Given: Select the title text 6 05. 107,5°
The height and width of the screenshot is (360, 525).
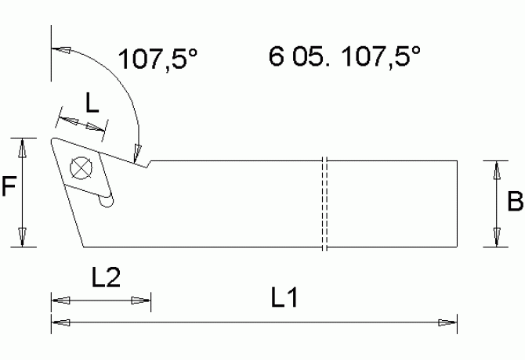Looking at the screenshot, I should tap(344, 57).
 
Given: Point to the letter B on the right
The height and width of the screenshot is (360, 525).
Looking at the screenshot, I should tap(515, 203).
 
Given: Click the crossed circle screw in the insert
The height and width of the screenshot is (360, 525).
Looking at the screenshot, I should tap(78, 167).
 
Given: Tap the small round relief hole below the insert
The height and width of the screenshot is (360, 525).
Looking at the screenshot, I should tap(107, 202).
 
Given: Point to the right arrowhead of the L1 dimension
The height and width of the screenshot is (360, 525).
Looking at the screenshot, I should tap(447, 322).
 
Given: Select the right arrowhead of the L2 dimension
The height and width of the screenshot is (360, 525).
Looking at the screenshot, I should tap(141, 300).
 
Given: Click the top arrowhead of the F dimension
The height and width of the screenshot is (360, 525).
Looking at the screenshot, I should tap(24, 146).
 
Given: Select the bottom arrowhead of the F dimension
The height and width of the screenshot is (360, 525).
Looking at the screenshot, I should tap(24, 237).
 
